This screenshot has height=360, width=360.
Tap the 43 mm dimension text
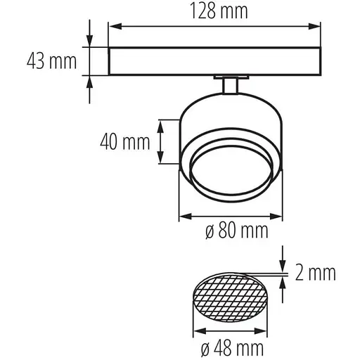(51, 61)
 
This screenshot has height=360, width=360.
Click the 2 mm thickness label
(316, 272)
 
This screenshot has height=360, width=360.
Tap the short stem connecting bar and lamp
(229, 86)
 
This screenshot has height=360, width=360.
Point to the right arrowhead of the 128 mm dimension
(317, 27)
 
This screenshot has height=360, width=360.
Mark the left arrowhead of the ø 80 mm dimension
(184, 215)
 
